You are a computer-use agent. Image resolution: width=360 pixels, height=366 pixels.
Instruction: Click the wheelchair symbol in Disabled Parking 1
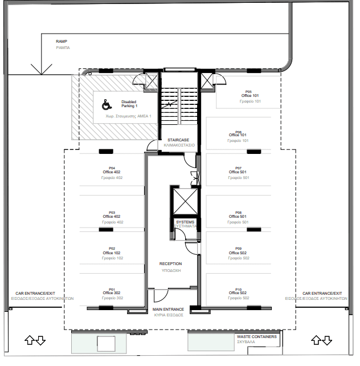click(x=107, y=104)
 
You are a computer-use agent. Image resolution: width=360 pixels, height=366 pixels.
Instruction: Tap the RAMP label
click(x=62, y=41)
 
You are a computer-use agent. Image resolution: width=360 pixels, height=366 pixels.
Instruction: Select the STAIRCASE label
click(x=178, y=140)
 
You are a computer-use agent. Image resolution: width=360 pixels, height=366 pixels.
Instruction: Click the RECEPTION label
click(x=171, y=264)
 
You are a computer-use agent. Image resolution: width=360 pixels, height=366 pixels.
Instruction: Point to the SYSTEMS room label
click(x=185, y=222)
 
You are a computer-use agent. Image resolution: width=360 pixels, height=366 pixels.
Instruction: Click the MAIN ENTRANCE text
click(x=168, y=310)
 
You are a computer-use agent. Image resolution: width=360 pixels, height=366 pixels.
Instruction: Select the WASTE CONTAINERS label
click(x=257, y=336)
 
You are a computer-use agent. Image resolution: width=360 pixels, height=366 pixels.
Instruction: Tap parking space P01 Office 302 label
click(x=112, y=291)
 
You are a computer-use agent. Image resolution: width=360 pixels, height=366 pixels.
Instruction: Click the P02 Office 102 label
click(x=112, y=251)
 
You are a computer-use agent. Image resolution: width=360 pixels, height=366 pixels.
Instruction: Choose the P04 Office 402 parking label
click(x=112, y=170)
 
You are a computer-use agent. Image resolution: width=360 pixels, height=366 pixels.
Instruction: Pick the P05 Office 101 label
click(x=250, y=94)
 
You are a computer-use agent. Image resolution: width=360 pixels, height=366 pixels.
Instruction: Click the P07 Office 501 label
click(x=238, y=170)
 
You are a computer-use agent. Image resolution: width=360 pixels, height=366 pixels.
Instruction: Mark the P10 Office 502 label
click(x=238, y=291)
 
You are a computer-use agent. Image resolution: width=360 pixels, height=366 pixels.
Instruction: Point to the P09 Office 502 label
click(x=238, y=251)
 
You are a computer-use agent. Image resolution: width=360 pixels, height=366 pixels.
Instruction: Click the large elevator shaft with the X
click(x=185, y=201)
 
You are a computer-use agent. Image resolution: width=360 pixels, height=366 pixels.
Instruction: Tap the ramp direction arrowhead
click(x=41, y=70)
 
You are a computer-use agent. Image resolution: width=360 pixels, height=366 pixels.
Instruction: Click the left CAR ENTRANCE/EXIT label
click(x=35, y=293)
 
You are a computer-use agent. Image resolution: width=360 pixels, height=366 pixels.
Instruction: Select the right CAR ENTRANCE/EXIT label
click(x=322, y=293)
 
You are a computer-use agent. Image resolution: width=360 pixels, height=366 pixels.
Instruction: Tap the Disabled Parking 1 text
click(x=129, y=104)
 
